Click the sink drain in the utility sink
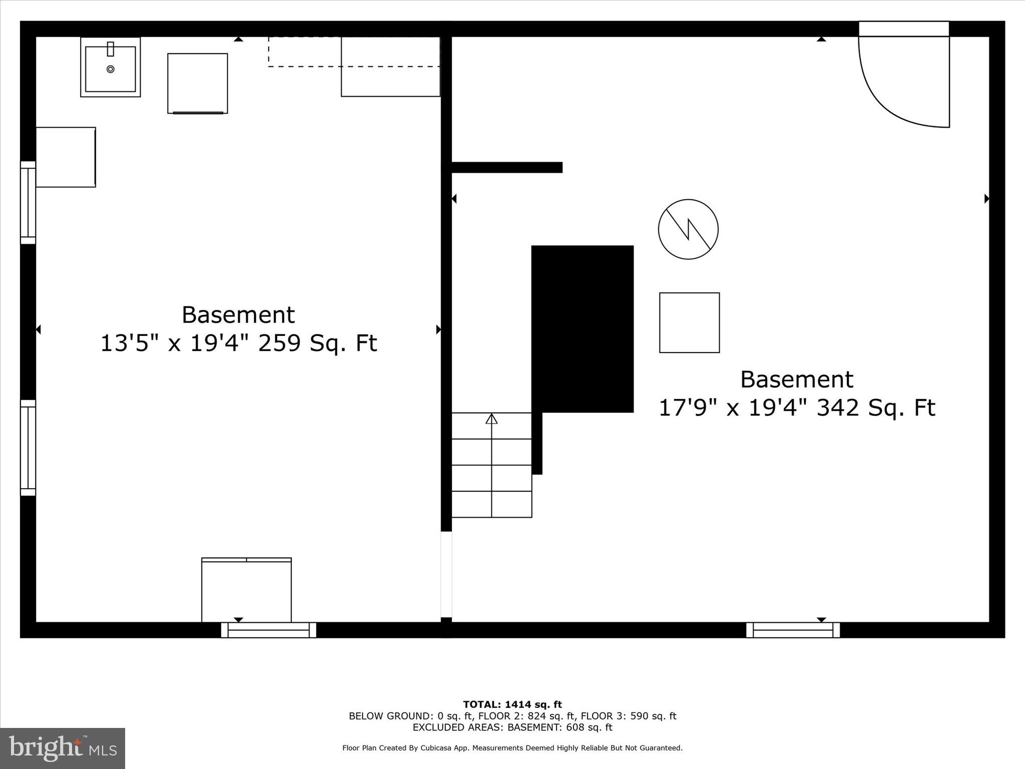click(x=111, y=69)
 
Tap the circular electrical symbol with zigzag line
click(x=688, y=229)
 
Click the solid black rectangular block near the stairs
click(x=582, y=328)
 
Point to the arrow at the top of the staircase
click(x=491, y=419)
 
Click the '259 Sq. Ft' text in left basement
click(x=317, y=343)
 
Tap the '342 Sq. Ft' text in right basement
click(x=875, y=408)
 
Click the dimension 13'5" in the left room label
click(x=125, y=343)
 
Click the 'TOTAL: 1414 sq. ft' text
click(x=512, y=705)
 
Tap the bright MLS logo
click(x=63, y=748)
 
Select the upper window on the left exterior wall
click(x=28, y=203)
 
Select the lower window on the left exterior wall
click(x=28, y=448)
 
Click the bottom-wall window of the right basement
click(x=793, y=630)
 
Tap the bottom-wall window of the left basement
click(x=269, y=630)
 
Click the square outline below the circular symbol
click(x=689, y=323)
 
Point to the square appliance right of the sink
click(x=198, y=83)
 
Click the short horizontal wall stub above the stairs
click(x=506, y=167)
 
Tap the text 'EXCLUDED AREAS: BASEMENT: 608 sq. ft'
click(x=512, y=727)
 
